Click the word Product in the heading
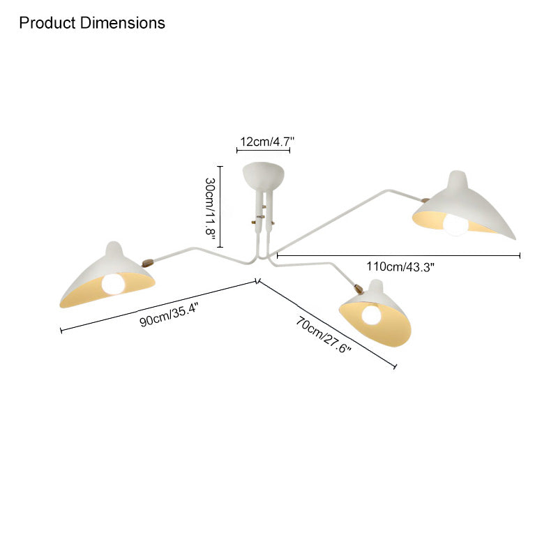click(47, 23)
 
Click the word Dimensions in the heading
click(123, 23)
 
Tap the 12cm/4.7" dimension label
click(267, 142)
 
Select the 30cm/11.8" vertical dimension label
click(211, 206)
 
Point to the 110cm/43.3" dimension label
click(400, 266)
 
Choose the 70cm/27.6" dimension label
click(323, 335)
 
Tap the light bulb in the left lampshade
click(113, 284)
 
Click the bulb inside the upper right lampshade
click(455, 225)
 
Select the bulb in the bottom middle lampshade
click(371, 315)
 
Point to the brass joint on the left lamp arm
click(148, 263)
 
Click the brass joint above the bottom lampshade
click(359, 289)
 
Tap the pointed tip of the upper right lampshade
click(515, 239)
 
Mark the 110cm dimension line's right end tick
click(520, 255)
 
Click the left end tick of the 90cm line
click(61, 331)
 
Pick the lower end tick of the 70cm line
click(395, 366)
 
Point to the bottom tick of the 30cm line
click(220, 247)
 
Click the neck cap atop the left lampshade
click(114, 248)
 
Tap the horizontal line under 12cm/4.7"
click(264, 150)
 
